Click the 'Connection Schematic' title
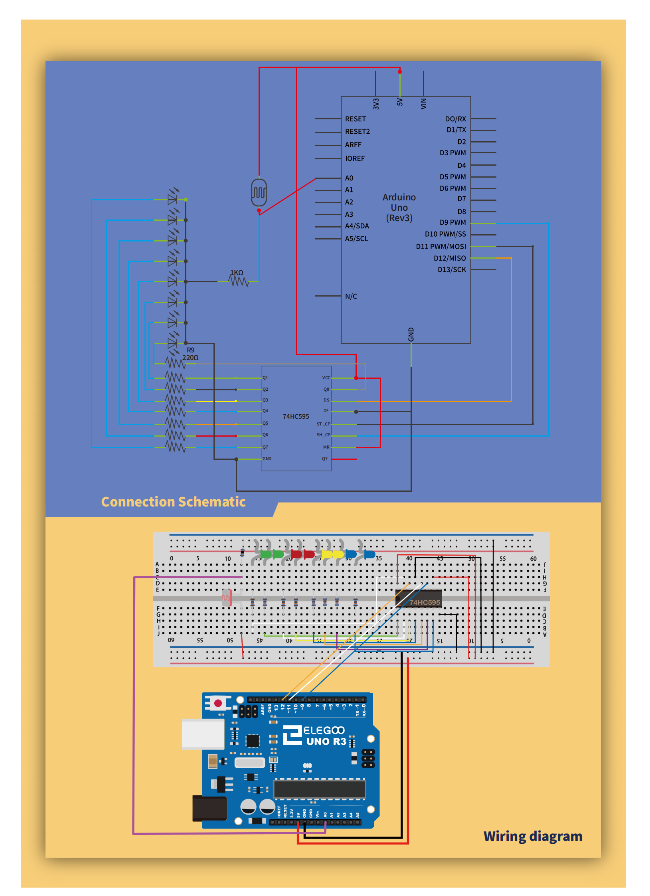pyautogui.click(x=173, y=502)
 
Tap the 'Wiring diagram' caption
pyautogui.click(x=532, y=836)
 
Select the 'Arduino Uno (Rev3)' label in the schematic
pyautogui.click(x=399, y=208)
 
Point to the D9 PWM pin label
pyautogui.click(x=452, y=222)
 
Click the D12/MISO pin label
pyautogui.click(x=450, y=258)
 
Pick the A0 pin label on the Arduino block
pyautogui.click(x=349, y=178)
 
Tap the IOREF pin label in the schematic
pyautogui.click(x=355, y=158)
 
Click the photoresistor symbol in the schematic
pyautogui.click(x=259, y=192)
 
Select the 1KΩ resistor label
pyautogui.click(x=237, y=273)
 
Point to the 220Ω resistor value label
pyautogui.click(x=190, y=358)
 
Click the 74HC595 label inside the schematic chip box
pyautogui.click(x=296, y=416)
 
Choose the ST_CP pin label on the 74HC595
pyautogui.click(x=323, y=424)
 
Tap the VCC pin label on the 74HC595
pyautogui.click(x=326, y=378)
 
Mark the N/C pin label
pyautogui.click(x=351, y=297)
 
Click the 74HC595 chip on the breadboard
pyautogui.click(x=419, y=599)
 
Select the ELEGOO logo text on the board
pyautogui.click(x=324, y=730)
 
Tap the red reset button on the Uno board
pyautogui.click(x=218, y=703)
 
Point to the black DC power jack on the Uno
pyautogui.click(x=209, y=808)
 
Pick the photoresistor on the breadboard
pyautogui.click(x=227, y=597)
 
